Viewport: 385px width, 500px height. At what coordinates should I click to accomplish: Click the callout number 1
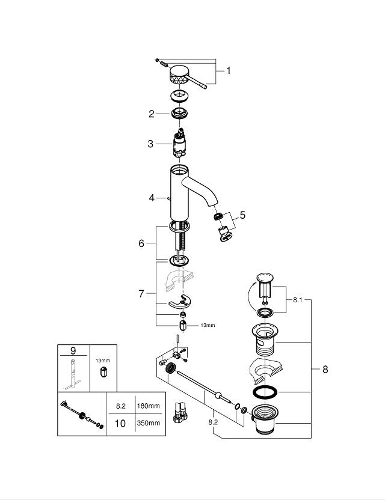click(x=228, y=70)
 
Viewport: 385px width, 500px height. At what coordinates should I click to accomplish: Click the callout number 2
click(x=152, y=113)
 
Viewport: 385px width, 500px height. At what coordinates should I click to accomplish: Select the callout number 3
click(x=152, y=144)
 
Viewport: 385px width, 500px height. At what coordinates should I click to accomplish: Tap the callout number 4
click(x=152, y=197)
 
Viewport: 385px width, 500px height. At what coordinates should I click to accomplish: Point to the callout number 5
click(x=242, y=214)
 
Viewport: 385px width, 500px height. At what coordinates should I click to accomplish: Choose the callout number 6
click(x=141, y=243)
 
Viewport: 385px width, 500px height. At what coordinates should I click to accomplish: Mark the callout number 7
click(x=141, y=293)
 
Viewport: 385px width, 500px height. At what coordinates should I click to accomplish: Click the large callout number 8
click(x=325, y=370)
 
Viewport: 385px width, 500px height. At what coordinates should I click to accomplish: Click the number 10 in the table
click(x=120, y=423)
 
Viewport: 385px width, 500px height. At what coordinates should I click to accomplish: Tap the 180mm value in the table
click(x=148, y=406)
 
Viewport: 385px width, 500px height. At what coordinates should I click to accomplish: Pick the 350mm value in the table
click(x=148, y=423)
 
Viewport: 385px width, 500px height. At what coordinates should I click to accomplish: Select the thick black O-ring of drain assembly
click(x=265, y=392)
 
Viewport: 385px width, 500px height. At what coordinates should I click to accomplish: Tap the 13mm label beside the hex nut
click(x=206, y=325)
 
